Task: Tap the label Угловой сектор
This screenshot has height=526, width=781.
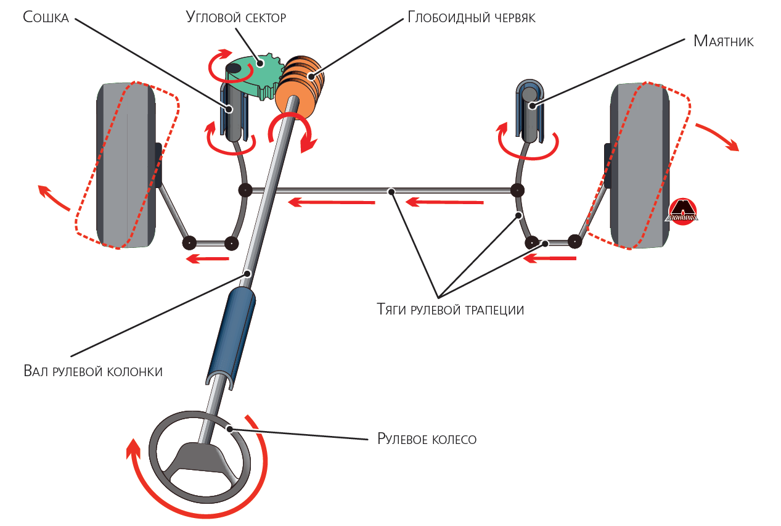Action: click(235, 17)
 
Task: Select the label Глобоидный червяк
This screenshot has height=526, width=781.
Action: click(471, 17)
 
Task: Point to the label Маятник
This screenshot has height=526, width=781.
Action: click(723, 41)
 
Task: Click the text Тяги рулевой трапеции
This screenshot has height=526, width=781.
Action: click(450, 310)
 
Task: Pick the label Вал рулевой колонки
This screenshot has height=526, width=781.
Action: click(93, 371)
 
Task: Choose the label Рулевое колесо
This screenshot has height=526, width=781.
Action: click(427, 439)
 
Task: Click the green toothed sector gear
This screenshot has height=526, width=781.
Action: click(259, 74)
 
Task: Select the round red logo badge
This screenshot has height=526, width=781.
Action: click(682, 212)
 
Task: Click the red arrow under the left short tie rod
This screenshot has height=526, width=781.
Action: click(208, 259)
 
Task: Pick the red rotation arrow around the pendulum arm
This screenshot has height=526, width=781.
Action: click(529, 147)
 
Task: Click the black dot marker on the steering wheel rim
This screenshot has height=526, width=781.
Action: click(229, 429)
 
